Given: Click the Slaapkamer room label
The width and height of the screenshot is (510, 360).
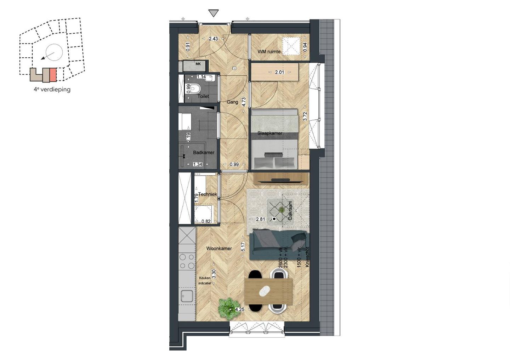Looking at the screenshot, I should coord(270,133).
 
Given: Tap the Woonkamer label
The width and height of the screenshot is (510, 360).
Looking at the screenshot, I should coord(219,248).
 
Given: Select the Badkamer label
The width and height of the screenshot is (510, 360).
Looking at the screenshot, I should coord(204,153).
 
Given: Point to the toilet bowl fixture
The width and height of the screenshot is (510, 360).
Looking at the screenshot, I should coord(196,87).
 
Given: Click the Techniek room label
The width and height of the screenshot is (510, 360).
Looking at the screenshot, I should coord(208,194).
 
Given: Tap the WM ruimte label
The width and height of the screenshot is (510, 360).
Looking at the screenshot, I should coord(269,52).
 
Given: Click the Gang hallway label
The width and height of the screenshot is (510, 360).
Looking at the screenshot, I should coord(232,102).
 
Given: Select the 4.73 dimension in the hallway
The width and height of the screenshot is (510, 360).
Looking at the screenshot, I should coord(244,102).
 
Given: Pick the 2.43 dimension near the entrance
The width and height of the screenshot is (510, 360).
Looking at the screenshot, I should coord(213,39).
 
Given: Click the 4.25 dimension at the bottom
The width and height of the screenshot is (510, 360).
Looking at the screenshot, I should coord(240,309).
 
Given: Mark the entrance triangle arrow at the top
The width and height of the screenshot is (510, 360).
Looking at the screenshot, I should coord(213,13).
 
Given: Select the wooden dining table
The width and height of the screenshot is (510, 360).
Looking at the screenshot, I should coord(268,291).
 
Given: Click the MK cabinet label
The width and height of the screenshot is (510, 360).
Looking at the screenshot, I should coord(198,64).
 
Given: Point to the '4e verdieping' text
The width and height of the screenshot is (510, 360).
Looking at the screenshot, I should coord(52,90).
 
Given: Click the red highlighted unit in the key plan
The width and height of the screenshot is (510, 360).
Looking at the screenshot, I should coord(53,75).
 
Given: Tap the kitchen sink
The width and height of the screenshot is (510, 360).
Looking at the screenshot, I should coord(187,296).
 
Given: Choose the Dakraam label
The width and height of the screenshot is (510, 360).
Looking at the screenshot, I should coord(290,211).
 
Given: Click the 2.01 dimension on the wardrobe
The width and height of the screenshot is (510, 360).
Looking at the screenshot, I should coord(279,72).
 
